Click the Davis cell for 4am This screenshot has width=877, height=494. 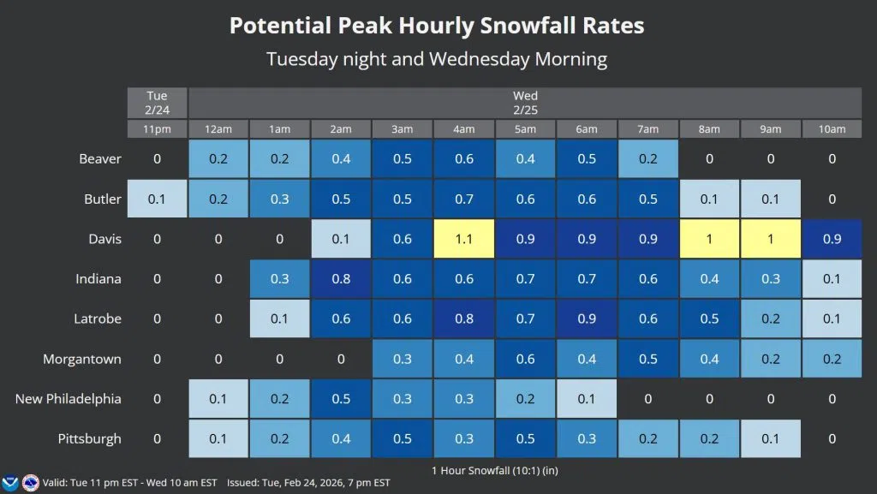(464, 239)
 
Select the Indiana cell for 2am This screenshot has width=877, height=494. (341, 279)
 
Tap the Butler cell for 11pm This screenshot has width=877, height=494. (157, 199)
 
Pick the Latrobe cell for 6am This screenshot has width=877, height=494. (587, 318)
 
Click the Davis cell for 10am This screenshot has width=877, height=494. (832, 239)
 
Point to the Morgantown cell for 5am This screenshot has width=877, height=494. (525, 359)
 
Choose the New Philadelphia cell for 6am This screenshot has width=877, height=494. (587, 399)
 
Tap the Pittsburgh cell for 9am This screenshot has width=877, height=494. (771, 438)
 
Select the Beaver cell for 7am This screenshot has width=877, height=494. (648, 159)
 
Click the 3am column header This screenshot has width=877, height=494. (403, 129)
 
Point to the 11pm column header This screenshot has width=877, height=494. (157, 129)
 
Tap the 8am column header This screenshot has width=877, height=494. (709, 129)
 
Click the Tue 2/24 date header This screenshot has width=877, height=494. (157, 103)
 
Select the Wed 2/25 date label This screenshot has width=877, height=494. (525, 103)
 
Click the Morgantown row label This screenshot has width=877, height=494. (82, 359)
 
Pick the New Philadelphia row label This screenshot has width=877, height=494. (69, 399)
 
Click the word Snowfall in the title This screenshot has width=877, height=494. (531, 26)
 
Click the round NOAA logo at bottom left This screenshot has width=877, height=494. (31, 482)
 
